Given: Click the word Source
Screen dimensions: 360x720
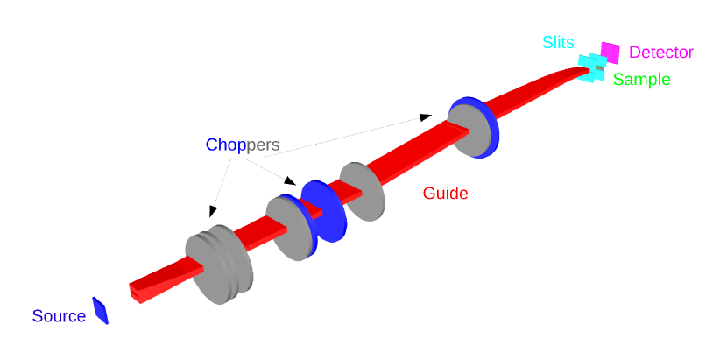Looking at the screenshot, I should (x=59, y=316).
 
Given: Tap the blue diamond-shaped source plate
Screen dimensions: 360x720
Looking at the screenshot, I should (x=101, y=311).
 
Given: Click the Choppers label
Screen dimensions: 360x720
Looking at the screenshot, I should (x=243, y=145).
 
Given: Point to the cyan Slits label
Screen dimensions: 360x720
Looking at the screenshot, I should (x=559, y=43).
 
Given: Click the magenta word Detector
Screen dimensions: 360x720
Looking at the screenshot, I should (x=661, y=53).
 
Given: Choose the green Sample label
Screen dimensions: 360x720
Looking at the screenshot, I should (x=641, y=80).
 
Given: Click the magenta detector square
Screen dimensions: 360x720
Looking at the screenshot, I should (x=610, y=53).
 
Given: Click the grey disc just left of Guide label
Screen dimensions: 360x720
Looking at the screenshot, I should (x=362, y=191).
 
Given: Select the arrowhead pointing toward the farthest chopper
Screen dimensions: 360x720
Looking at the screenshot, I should (x=425, y=116).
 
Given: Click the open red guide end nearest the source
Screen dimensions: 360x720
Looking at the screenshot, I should (x=136, y=292).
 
